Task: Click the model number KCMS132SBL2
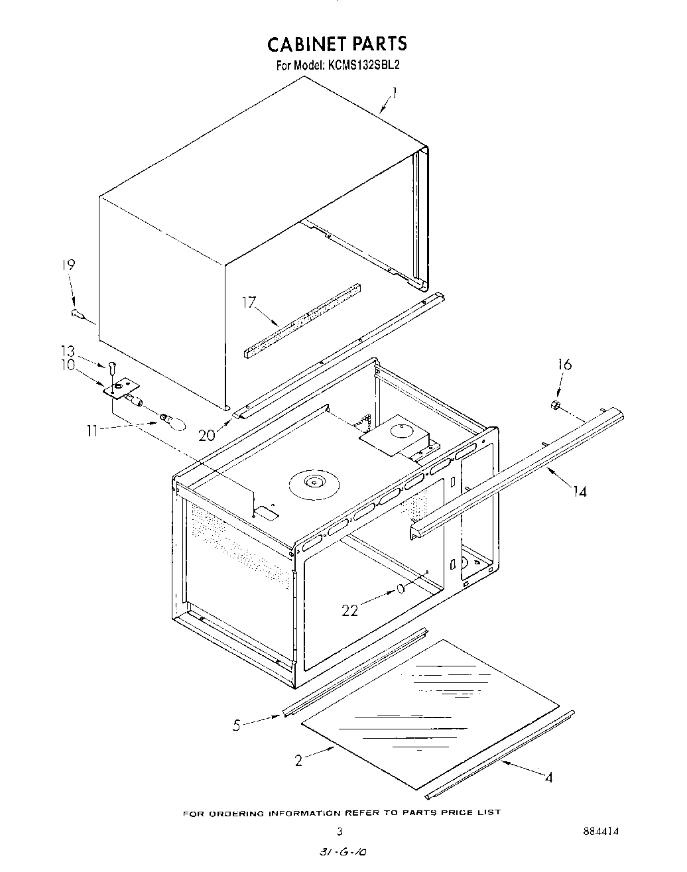tap(363, 66)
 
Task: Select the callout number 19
tap(68, 265)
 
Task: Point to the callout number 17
tap(249, 303)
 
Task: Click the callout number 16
tap(564, 364)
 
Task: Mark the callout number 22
tap(350, 611)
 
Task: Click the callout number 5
tap(236, 725)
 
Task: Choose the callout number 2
tap(298, 761)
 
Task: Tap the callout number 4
tap(548, 777)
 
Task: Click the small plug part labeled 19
tap(77, 314)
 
